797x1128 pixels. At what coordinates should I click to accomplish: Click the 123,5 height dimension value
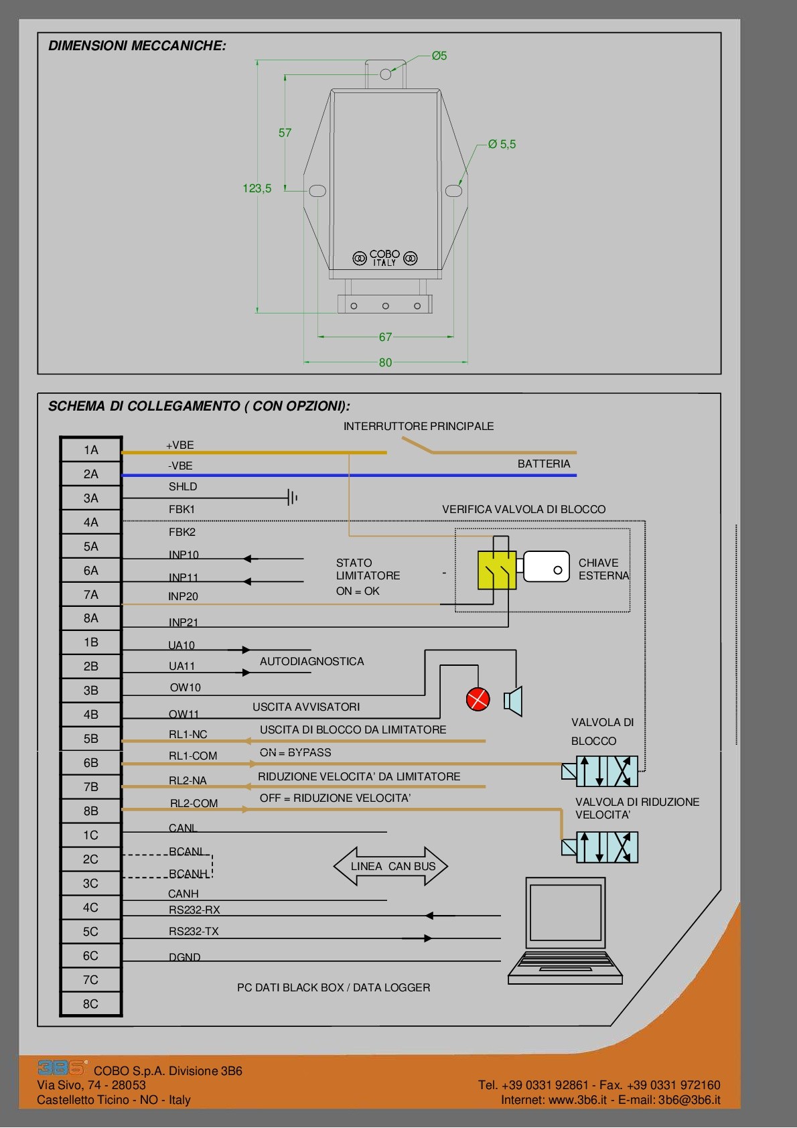point(257,188)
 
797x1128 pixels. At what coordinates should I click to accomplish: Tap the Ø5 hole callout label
point(439,56)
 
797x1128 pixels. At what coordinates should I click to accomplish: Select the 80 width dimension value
point(385,362)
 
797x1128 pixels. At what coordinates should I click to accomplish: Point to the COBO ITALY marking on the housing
point(385,258)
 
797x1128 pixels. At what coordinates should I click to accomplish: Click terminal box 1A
point(91,450)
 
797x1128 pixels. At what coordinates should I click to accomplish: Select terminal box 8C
point(91,1003)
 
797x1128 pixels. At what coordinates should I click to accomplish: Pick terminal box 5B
point(91,738)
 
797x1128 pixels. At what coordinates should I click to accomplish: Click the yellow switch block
point(496,570)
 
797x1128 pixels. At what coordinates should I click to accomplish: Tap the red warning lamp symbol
point(478,699)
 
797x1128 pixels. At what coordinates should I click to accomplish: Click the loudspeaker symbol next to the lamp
point(514,701)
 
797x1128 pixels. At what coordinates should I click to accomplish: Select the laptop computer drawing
point(565,930)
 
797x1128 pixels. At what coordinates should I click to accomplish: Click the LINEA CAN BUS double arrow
point(392,866)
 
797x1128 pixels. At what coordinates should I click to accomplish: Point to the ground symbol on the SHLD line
point(292,498)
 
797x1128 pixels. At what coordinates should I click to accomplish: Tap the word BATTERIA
point(544,464)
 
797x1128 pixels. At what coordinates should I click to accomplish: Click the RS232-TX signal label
point(194,931)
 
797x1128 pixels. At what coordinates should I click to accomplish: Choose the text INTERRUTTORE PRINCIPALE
point(419,426)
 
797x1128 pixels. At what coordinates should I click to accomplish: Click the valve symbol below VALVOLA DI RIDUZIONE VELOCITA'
point(600,847)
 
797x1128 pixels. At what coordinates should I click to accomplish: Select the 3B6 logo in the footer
point(62,1067)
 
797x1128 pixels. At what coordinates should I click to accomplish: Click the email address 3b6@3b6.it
point(689,1100)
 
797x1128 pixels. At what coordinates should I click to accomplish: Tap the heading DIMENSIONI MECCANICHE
point(137,46)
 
